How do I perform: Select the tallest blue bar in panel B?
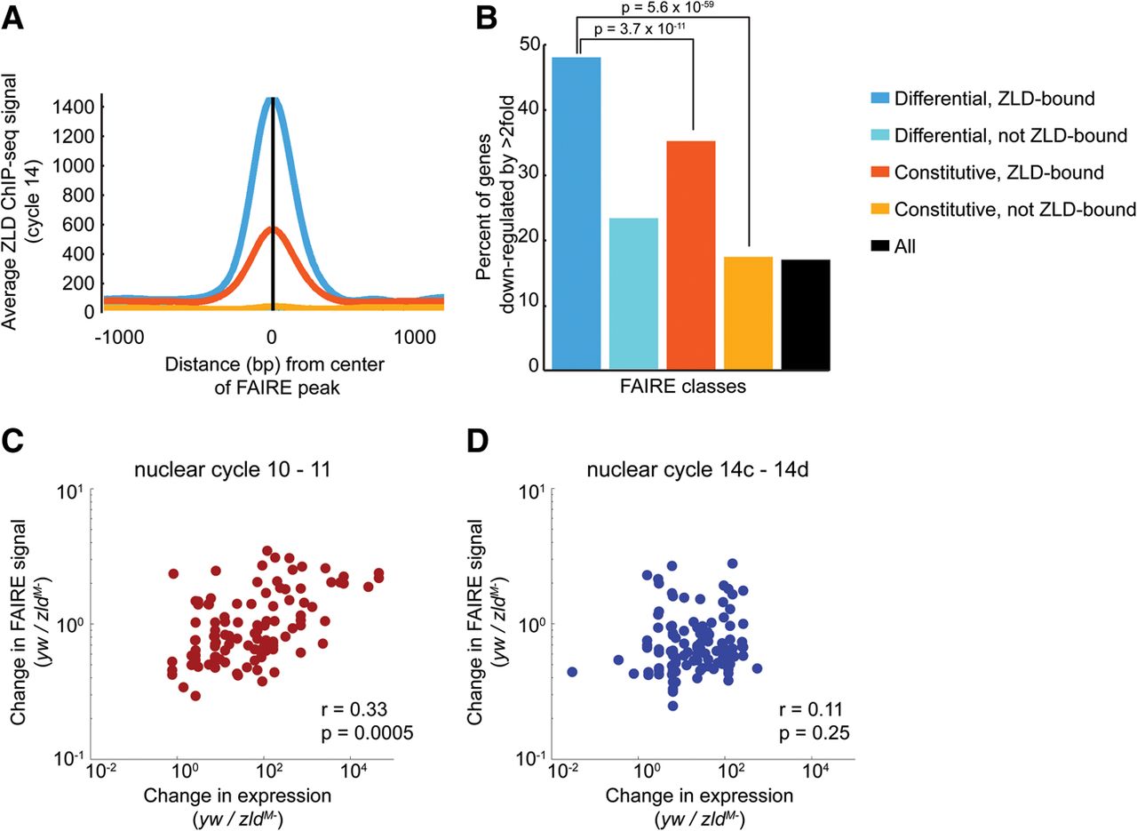pos(576,212)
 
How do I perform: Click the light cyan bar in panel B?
pos(633,292)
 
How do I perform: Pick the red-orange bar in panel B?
pos(690,254)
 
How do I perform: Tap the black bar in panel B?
pos(806,314)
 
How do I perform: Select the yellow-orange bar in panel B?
pos(748,312)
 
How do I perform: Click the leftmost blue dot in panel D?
pos(572,672)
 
